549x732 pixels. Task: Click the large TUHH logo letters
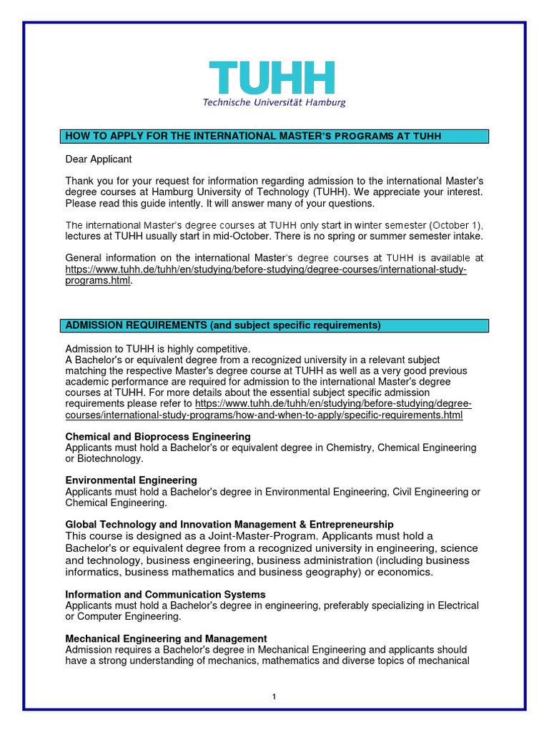(272, 78)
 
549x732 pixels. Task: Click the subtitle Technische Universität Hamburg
(274, 103)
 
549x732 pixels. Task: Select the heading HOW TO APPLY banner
(274, 137)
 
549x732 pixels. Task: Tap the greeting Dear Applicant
(99, 159)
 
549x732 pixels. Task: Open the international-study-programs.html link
(266, 275)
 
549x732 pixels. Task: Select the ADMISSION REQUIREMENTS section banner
(274, 326)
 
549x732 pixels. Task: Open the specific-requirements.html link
(264, 415)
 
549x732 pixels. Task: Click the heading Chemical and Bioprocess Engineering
(158, 436)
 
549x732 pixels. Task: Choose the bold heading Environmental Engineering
(131, 480)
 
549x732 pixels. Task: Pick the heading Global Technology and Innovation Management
(229, 525)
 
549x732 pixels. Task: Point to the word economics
(407, 573)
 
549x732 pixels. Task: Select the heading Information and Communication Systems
(165, 595)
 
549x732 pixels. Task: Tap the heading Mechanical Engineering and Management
(166, 638)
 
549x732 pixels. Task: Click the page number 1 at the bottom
(274, 697)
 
